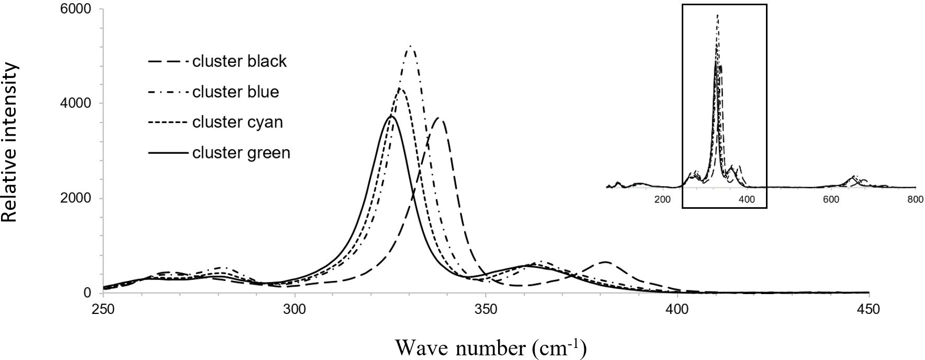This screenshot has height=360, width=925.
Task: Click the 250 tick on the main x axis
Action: (x=104, y=309)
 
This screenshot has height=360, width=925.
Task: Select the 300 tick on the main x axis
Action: (x=295, y=309)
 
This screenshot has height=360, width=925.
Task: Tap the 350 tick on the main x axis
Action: (x=486, y=309)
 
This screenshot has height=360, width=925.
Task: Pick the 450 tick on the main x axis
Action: (x=868, y=309)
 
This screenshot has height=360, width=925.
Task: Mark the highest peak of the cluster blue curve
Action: (x=411, y=46)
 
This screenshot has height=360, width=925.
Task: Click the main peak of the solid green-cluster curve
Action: (x=391, y=116)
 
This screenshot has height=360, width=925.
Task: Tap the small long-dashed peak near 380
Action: (x=605, y=261)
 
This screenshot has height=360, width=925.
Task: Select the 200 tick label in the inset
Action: (x=662, y=199)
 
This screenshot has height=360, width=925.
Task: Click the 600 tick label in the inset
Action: (x=831, y=199)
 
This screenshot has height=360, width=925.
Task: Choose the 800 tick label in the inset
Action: (x=915, y=199)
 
